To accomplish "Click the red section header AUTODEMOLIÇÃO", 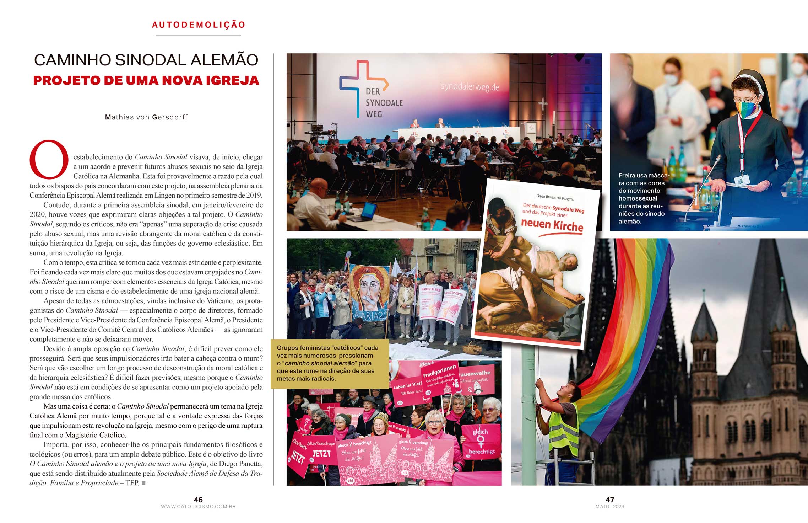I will (199, 25).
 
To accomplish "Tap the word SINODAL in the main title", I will (151, 60).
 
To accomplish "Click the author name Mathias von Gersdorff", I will (146, 117).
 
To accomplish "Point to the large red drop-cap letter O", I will (49, 159).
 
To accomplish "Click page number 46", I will (198, 500).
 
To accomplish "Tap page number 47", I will (609, 500).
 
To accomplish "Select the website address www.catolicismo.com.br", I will (198, 507).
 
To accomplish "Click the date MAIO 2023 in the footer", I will (609, 507).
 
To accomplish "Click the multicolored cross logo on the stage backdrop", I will (362, 85).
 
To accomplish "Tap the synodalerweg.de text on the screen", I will (470, 86).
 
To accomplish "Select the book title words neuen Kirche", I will (552, 225).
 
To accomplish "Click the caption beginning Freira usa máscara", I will (642, 198).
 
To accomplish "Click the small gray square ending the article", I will (143, 483).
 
